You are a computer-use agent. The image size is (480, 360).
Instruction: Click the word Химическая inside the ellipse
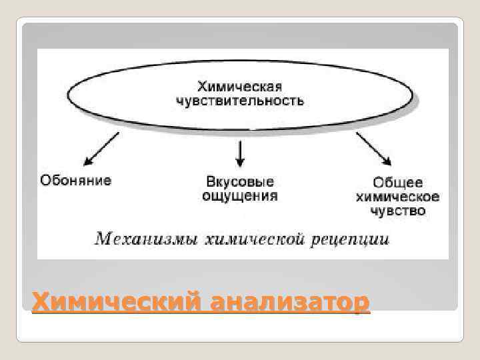click(239, 87)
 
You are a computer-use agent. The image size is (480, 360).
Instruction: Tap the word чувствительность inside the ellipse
click(240, 101)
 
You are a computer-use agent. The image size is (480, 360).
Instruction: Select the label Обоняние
click(76, 180)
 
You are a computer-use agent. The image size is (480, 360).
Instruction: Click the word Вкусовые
click(239, 182)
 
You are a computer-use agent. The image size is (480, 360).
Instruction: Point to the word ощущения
click(239, 197)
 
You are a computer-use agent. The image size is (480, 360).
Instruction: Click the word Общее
click(397, 183)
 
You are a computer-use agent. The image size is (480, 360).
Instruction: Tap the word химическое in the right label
click(397, 197)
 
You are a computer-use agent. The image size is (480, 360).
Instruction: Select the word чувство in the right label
click(397, 211)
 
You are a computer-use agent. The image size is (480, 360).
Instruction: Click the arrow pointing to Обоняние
click(101, 148)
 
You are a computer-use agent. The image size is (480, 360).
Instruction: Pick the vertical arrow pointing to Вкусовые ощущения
click(240, 153)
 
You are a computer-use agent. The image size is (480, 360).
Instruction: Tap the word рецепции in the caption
click(348, 239)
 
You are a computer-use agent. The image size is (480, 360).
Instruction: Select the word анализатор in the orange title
click(288, 302)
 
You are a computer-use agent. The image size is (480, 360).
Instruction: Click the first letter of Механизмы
click(102, 238)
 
